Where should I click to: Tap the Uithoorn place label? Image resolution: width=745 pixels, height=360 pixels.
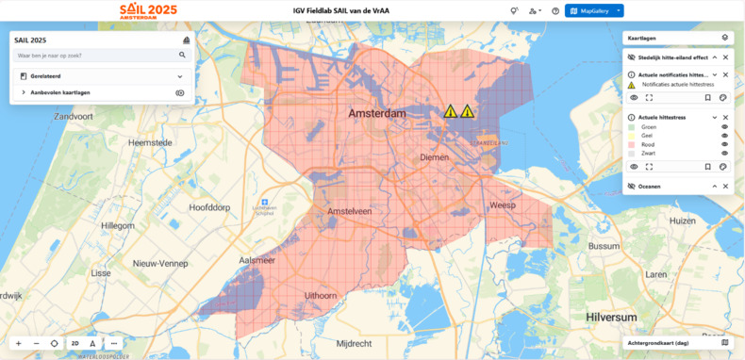[320, 295]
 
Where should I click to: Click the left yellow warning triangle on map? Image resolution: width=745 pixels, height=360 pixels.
[451, 111]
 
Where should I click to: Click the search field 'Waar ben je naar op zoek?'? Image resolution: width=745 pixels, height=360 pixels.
[94, 56]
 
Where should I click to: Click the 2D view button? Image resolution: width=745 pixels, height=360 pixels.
[74, 344]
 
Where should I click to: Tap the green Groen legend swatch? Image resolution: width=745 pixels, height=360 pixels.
[632, 126]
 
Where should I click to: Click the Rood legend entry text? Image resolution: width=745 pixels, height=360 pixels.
[649, 144]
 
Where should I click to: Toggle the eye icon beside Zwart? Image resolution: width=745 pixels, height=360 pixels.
[724, 153]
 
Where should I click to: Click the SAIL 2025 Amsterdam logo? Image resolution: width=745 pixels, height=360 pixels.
[148, 11]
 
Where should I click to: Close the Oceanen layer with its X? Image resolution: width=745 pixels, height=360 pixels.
[725, 187]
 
